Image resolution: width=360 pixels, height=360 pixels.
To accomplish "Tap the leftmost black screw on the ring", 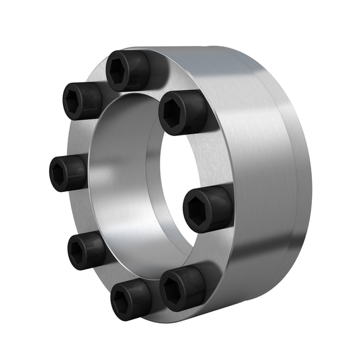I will click(x=67, y=172).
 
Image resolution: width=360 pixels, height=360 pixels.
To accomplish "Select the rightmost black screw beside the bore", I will click(x=207, y=208).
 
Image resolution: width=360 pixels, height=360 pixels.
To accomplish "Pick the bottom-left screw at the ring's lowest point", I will click(x=130, y=298).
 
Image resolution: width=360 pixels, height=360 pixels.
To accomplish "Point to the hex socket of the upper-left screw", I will click(x=77, y=100).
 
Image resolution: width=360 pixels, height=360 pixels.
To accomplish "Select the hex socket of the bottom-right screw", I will click(x=175, y=290).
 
